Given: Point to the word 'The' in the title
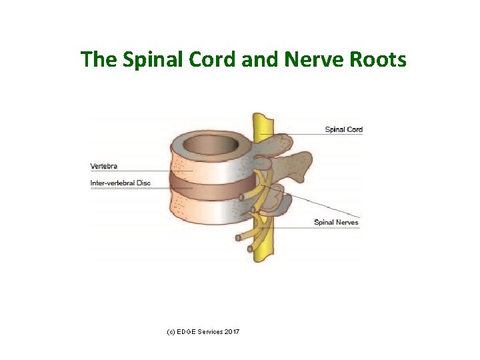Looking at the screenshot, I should [x=97, y=60].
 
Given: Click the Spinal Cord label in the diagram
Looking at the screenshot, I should [x=343, y=129].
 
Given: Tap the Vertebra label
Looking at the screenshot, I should [x=104, y=166].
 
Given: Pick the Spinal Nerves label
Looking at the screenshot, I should [x=336, y=222].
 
